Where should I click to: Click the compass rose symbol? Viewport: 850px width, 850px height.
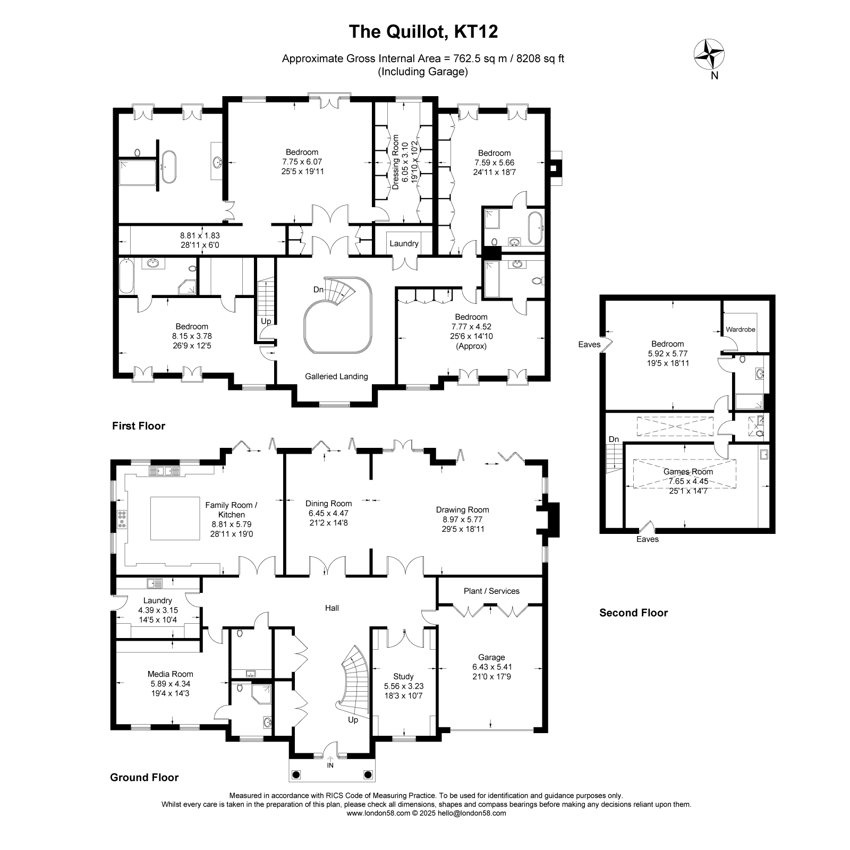(x=709, y=54)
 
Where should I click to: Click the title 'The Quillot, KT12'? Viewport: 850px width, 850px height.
(x=423, y=32)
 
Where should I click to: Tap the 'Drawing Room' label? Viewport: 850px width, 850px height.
(x=462, y=509)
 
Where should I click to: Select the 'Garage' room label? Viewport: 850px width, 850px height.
(x=491, y=657)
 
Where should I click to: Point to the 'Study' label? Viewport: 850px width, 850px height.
(x=403, y=676)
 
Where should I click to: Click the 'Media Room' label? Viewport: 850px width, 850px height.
(x=171, y=674)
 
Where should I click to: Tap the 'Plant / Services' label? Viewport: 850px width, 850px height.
(x=491, y=591)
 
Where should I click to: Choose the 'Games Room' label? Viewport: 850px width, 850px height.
(x=688, y=471)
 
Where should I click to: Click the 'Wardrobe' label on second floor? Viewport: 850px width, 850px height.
(x=741, y=329)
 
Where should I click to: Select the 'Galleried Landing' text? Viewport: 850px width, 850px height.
(x=336, y=376)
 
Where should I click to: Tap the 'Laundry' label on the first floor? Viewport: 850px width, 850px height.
(x=404, y=243)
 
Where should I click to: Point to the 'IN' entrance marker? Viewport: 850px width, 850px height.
(x=330, y=766)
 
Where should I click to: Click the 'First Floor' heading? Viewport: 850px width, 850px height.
(x=139, y=426)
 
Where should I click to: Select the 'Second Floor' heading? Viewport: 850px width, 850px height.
(x=633, y=613)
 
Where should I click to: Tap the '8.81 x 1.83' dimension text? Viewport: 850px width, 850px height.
(x=200, y=235)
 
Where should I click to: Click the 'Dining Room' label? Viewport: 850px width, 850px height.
(x=328, y=503)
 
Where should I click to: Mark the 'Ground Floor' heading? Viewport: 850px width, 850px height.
(x=144, y=777)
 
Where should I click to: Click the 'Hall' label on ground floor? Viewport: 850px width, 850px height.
(x=332, y=608)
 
